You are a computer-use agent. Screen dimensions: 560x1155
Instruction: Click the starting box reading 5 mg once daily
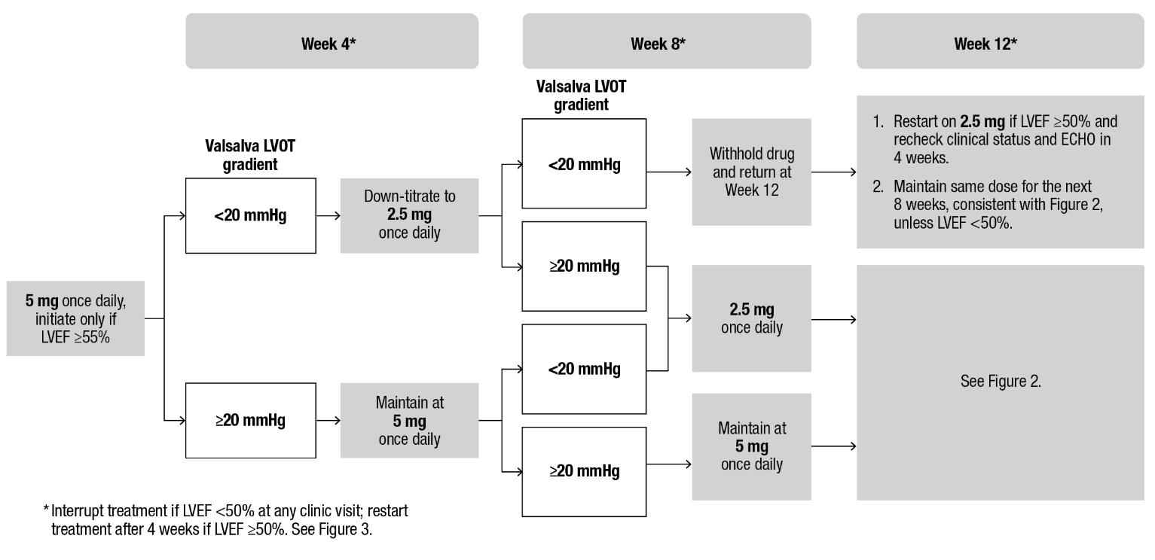[x=75, y=318]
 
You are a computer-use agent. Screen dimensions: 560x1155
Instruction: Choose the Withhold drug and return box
[x=751, y=171]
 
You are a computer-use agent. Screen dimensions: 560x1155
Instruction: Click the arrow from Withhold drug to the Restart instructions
[x=833, y=172]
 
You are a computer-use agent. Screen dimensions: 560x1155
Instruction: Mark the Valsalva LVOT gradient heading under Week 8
[x=583, y=96]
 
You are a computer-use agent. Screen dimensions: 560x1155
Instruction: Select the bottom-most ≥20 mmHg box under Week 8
[x=584, y=472]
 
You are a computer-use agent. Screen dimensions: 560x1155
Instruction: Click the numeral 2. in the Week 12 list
[x=878, y=185]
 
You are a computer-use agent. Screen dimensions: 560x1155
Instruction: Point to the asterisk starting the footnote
[x=46, y=510]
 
